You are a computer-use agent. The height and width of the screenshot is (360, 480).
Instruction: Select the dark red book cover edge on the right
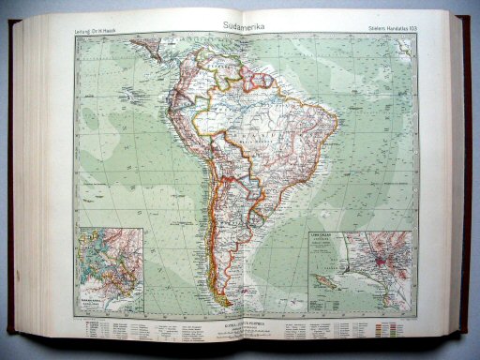(466, 178)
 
